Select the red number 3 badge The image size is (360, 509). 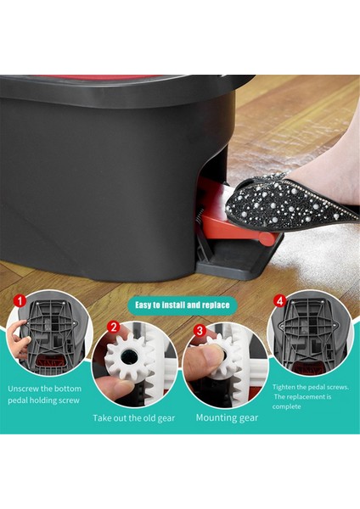tap(199, 329)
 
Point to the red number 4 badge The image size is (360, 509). tap(279, 300)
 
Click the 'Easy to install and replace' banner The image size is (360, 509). tap(181, 305)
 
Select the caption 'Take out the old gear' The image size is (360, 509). tap(133, 418)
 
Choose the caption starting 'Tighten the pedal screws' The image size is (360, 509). tap(311, 396)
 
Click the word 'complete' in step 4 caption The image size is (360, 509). tap(290, 406)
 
